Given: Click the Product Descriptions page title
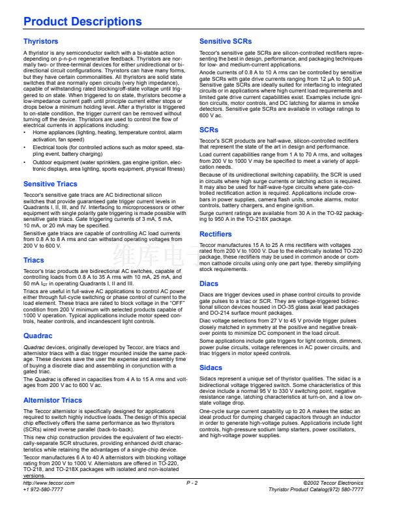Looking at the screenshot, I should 82,21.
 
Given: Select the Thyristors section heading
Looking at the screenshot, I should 40,41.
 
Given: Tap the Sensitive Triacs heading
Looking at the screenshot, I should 50,184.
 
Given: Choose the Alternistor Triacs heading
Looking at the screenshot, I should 53,400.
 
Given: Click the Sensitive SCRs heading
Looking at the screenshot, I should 226,41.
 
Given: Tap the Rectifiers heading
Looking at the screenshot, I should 215,234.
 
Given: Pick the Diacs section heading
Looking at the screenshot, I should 209,283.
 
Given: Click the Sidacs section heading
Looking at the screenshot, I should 211,367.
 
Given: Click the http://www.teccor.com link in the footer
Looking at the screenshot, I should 49,501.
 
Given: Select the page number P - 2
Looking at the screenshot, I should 192,501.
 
